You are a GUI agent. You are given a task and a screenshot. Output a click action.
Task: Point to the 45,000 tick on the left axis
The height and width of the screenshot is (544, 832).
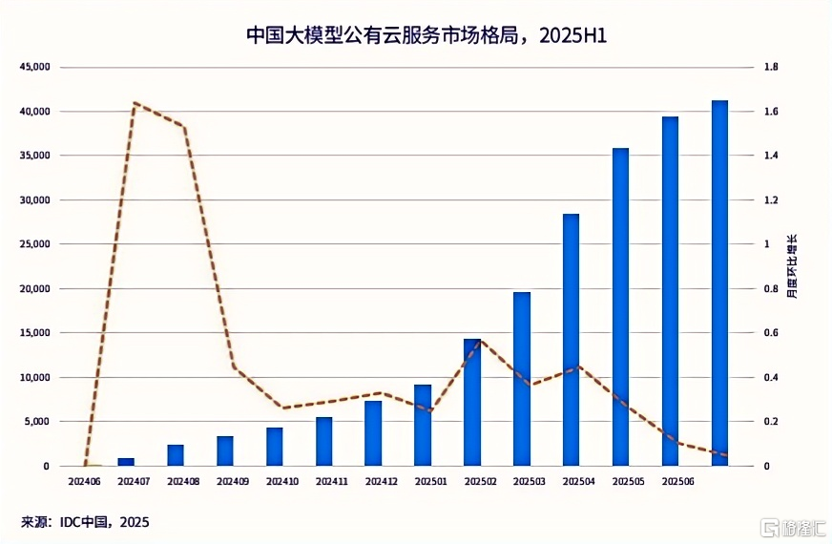[x=32, y=68]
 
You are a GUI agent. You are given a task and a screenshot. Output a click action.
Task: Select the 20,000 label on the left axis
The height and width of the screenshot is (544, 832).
[x=32, y=289]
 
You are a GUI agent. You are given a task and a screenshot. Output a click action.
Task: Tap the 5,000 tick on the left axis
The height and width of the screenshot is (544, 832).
[x=35, y=422]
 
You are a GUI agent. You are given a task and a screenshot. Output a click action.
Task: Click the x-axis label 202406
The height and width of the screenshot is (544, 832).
[x=86, y=482]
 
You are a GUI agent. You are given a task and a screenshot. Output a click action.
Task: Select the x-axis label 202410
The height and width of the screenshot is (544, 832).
[x=282, y=482]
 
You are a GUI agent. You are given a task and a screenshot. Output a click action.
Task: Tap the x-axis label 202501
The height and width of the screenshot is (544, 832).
[x=430, y=482]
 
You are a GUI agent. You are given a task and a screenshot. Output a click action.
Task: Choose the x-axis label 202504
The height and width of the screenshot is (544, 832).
[x=578, y=482]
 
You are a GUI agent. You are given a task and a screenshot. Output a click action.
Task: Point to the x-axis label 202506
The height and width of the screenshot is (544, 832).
[x=676, y=482]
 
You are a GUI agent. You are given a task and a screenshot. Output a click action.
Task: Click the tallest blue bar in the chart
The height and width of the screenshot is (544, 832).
[x=719, y=286]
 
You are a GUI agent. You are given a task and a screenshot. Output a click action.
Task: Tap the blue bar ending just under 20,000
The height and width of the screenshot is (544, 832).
[x=522, y=382]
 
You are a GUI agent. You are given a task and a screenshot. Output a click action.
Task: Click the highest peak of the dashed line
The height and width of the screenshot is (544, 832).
[x=135, y=102]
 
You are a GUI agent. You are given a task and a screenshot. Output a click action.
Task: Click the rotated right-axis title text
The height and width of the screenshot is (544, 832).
[x=792, y=267]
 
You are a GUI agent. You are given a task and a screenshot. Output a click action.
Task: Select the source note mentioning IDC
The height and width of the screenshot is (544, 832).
[x=86, y=522]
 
